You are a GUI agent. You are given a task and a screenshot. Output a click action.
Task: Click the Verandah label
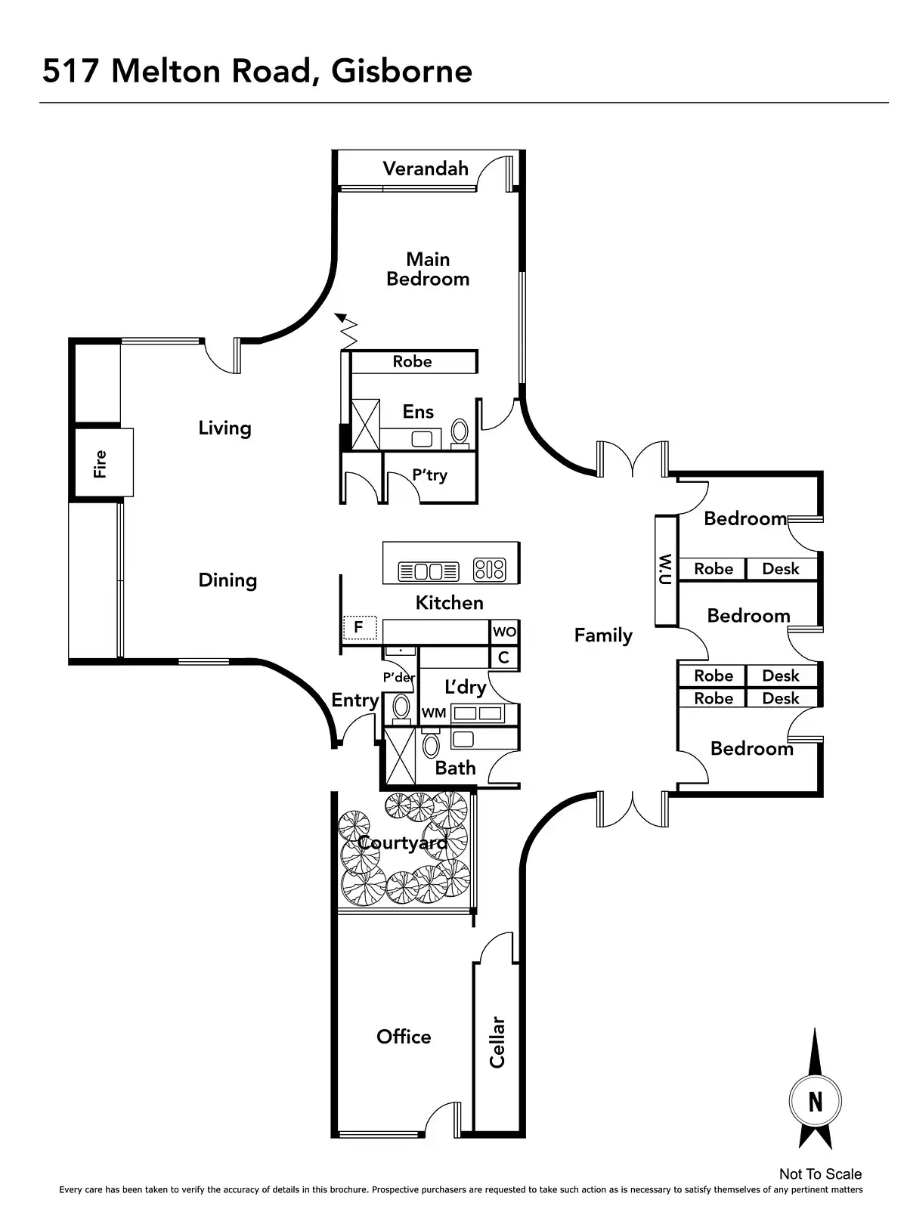pyautogui.click(x=426, y=169)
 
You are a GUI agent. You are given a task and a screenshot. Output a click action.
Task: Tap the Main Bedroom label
pyautogui.click(x=428, y=269)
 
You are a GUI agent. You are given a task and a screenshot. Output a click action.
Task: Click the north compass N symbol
pyautogui.click(x=815, y=1102)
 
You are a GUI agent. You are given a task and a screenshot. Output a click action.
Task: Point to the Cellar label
pyautogui.click(x=497, y=1042)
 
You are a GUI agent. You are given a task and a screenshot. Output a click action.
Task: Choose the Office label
pyautogui.click(x=404, y=1037)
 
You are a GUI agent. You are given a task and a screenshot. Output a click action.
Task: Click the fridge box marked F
pyautogui.click(x=359, y=627)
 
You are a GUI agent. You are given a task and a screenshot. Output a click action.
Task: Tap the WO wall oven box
pyautogui.click(x=504, y=632)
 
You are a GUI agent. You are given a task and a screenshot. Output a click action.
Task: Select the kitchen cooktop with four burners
pyautogui.click(x=489, y=570)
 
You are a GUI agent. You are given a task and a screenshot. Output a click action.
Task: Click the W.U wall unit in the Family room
pyautogui.click(x=666, y=570)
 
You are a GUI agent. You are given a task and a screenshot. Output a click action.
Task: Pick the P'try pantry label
pyautogui.click(x=429, y=475)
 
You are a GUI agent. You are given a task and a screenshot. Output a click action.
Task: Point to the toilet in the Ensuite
pyautogui.click(x=460, y=432)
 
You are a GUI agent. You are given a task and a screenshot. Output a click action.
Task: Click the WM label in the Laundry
pyautogui.click(x=434, y=713)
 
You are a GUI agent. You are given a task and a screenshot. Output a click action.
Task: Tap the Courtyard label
pyautogui.click(x=402, y=843)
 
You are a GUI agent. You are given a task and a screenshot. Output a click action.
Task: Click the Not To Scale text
pyautogui.click(x=820, y=1173)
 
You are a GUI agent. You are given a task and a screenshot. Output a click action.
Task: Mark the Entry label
pyautogui.click(x=354, y=700)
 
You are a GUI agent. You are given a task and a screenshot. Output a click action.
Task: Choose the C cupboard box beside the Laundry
pyautogui.click(x=504, y=657)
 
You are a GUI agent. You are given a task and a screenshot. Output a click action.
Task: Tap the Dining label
pyautogui.click(x=228, y=580)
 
